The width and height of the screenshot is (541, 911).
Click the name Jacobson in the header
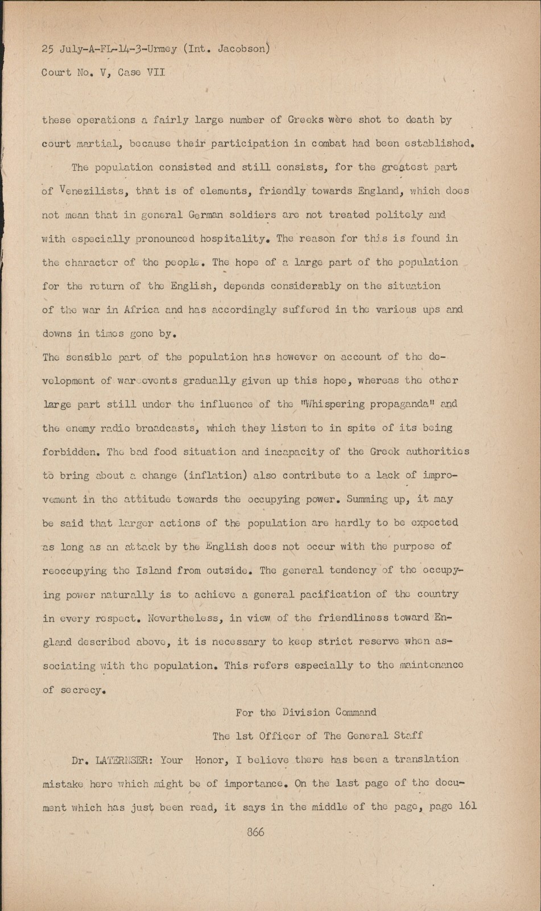(242, 49)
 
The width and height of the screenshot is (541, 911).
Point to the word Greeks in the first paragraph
(306, 120)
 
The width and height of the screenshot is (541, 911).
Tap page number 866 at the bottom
(255, 832)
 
